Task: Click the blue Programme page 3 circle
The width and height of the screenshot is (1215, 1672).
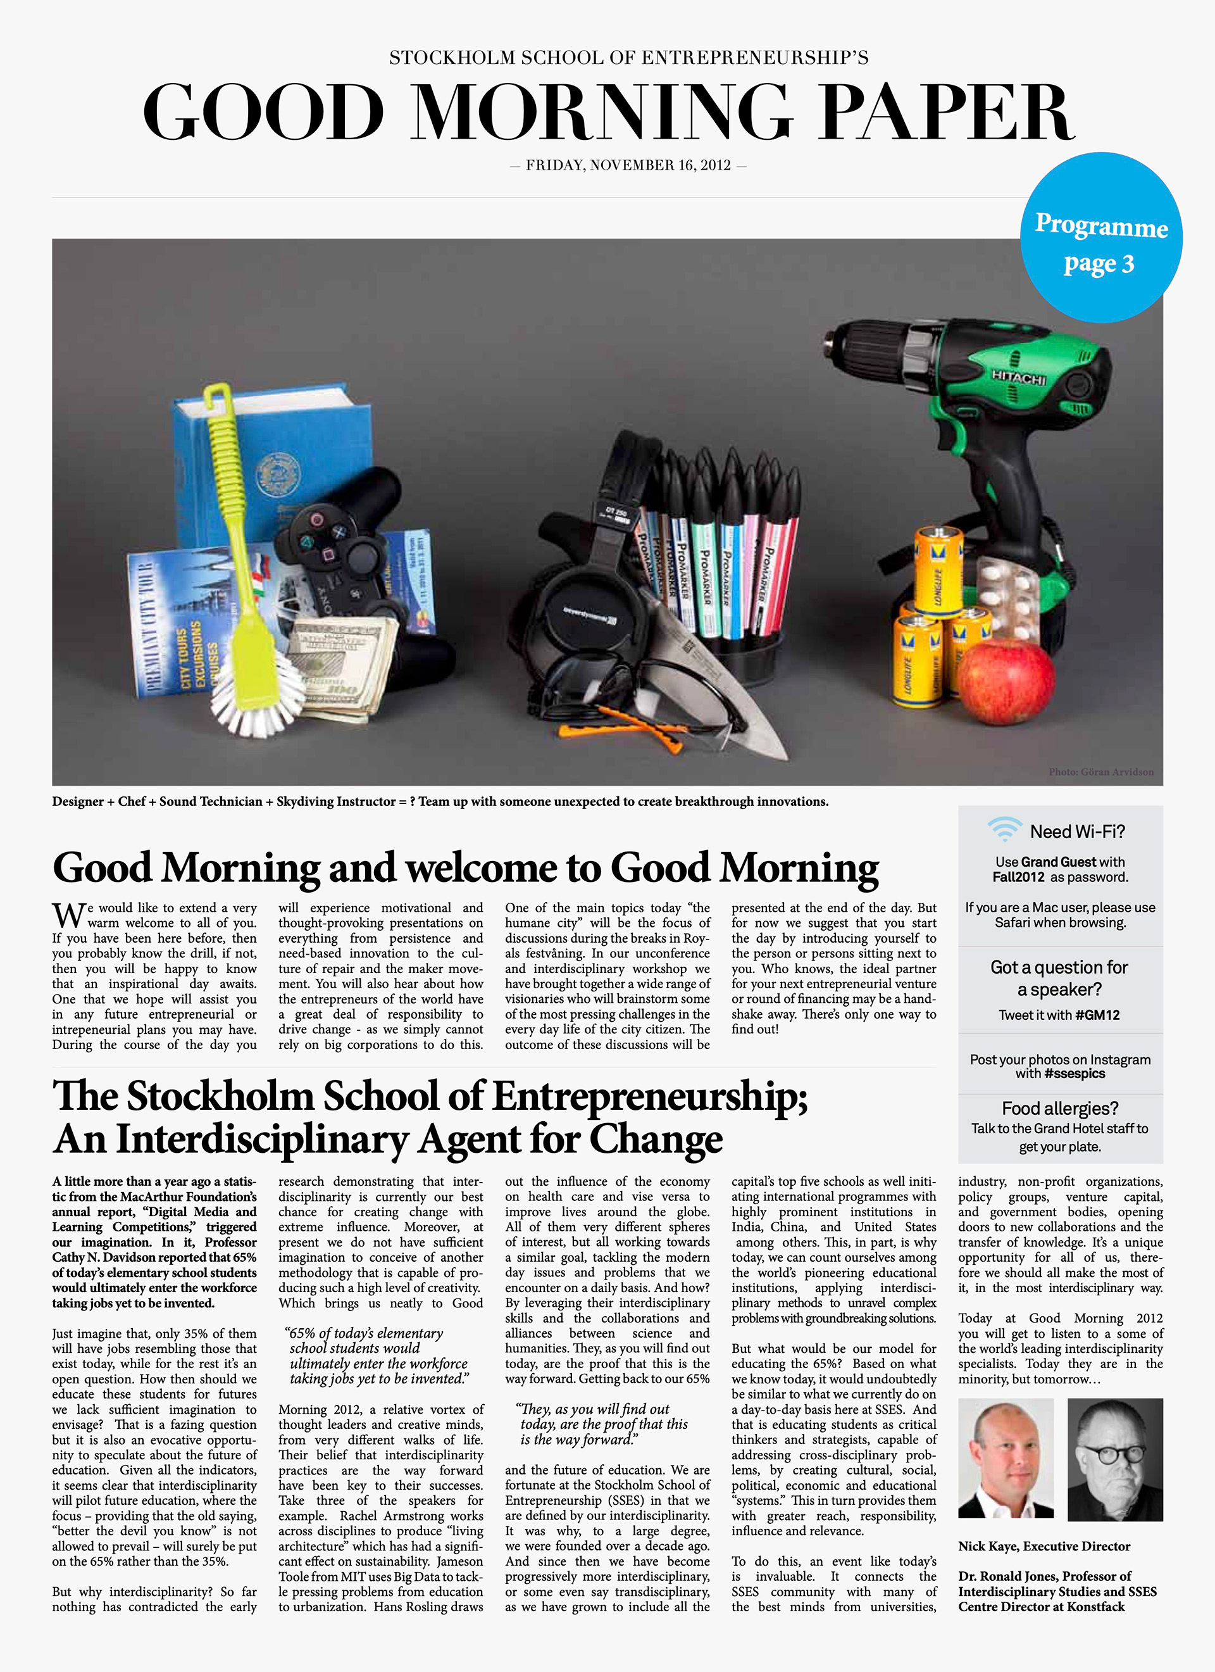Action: (1101, 237)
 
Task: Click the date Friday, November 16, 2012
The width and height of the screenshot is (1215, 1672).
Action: (628, 165)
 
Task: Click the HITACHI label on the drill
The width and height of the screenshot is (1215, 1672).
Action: (1019, 377)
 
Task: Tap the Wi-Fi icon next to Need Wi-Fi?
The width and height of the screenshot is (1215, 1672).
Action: (1004, 829)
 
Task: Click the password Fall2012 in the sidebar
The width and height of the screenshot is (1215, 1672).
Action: (1018, 877)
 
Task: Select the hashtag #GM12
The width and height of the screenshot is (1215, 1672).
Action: (1097, 1015)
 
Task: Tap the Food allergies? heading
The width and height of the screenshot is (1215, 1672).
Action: (1059, 1108)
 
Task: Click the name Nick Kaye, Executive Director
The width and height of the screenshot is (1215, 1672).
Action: (1044, 1546)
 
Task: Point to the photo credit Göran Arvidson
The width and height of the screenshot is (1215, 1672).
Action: (1101, 772)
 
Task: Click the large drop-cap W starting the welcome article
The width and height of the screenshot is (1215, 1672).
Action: (68, 915)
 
